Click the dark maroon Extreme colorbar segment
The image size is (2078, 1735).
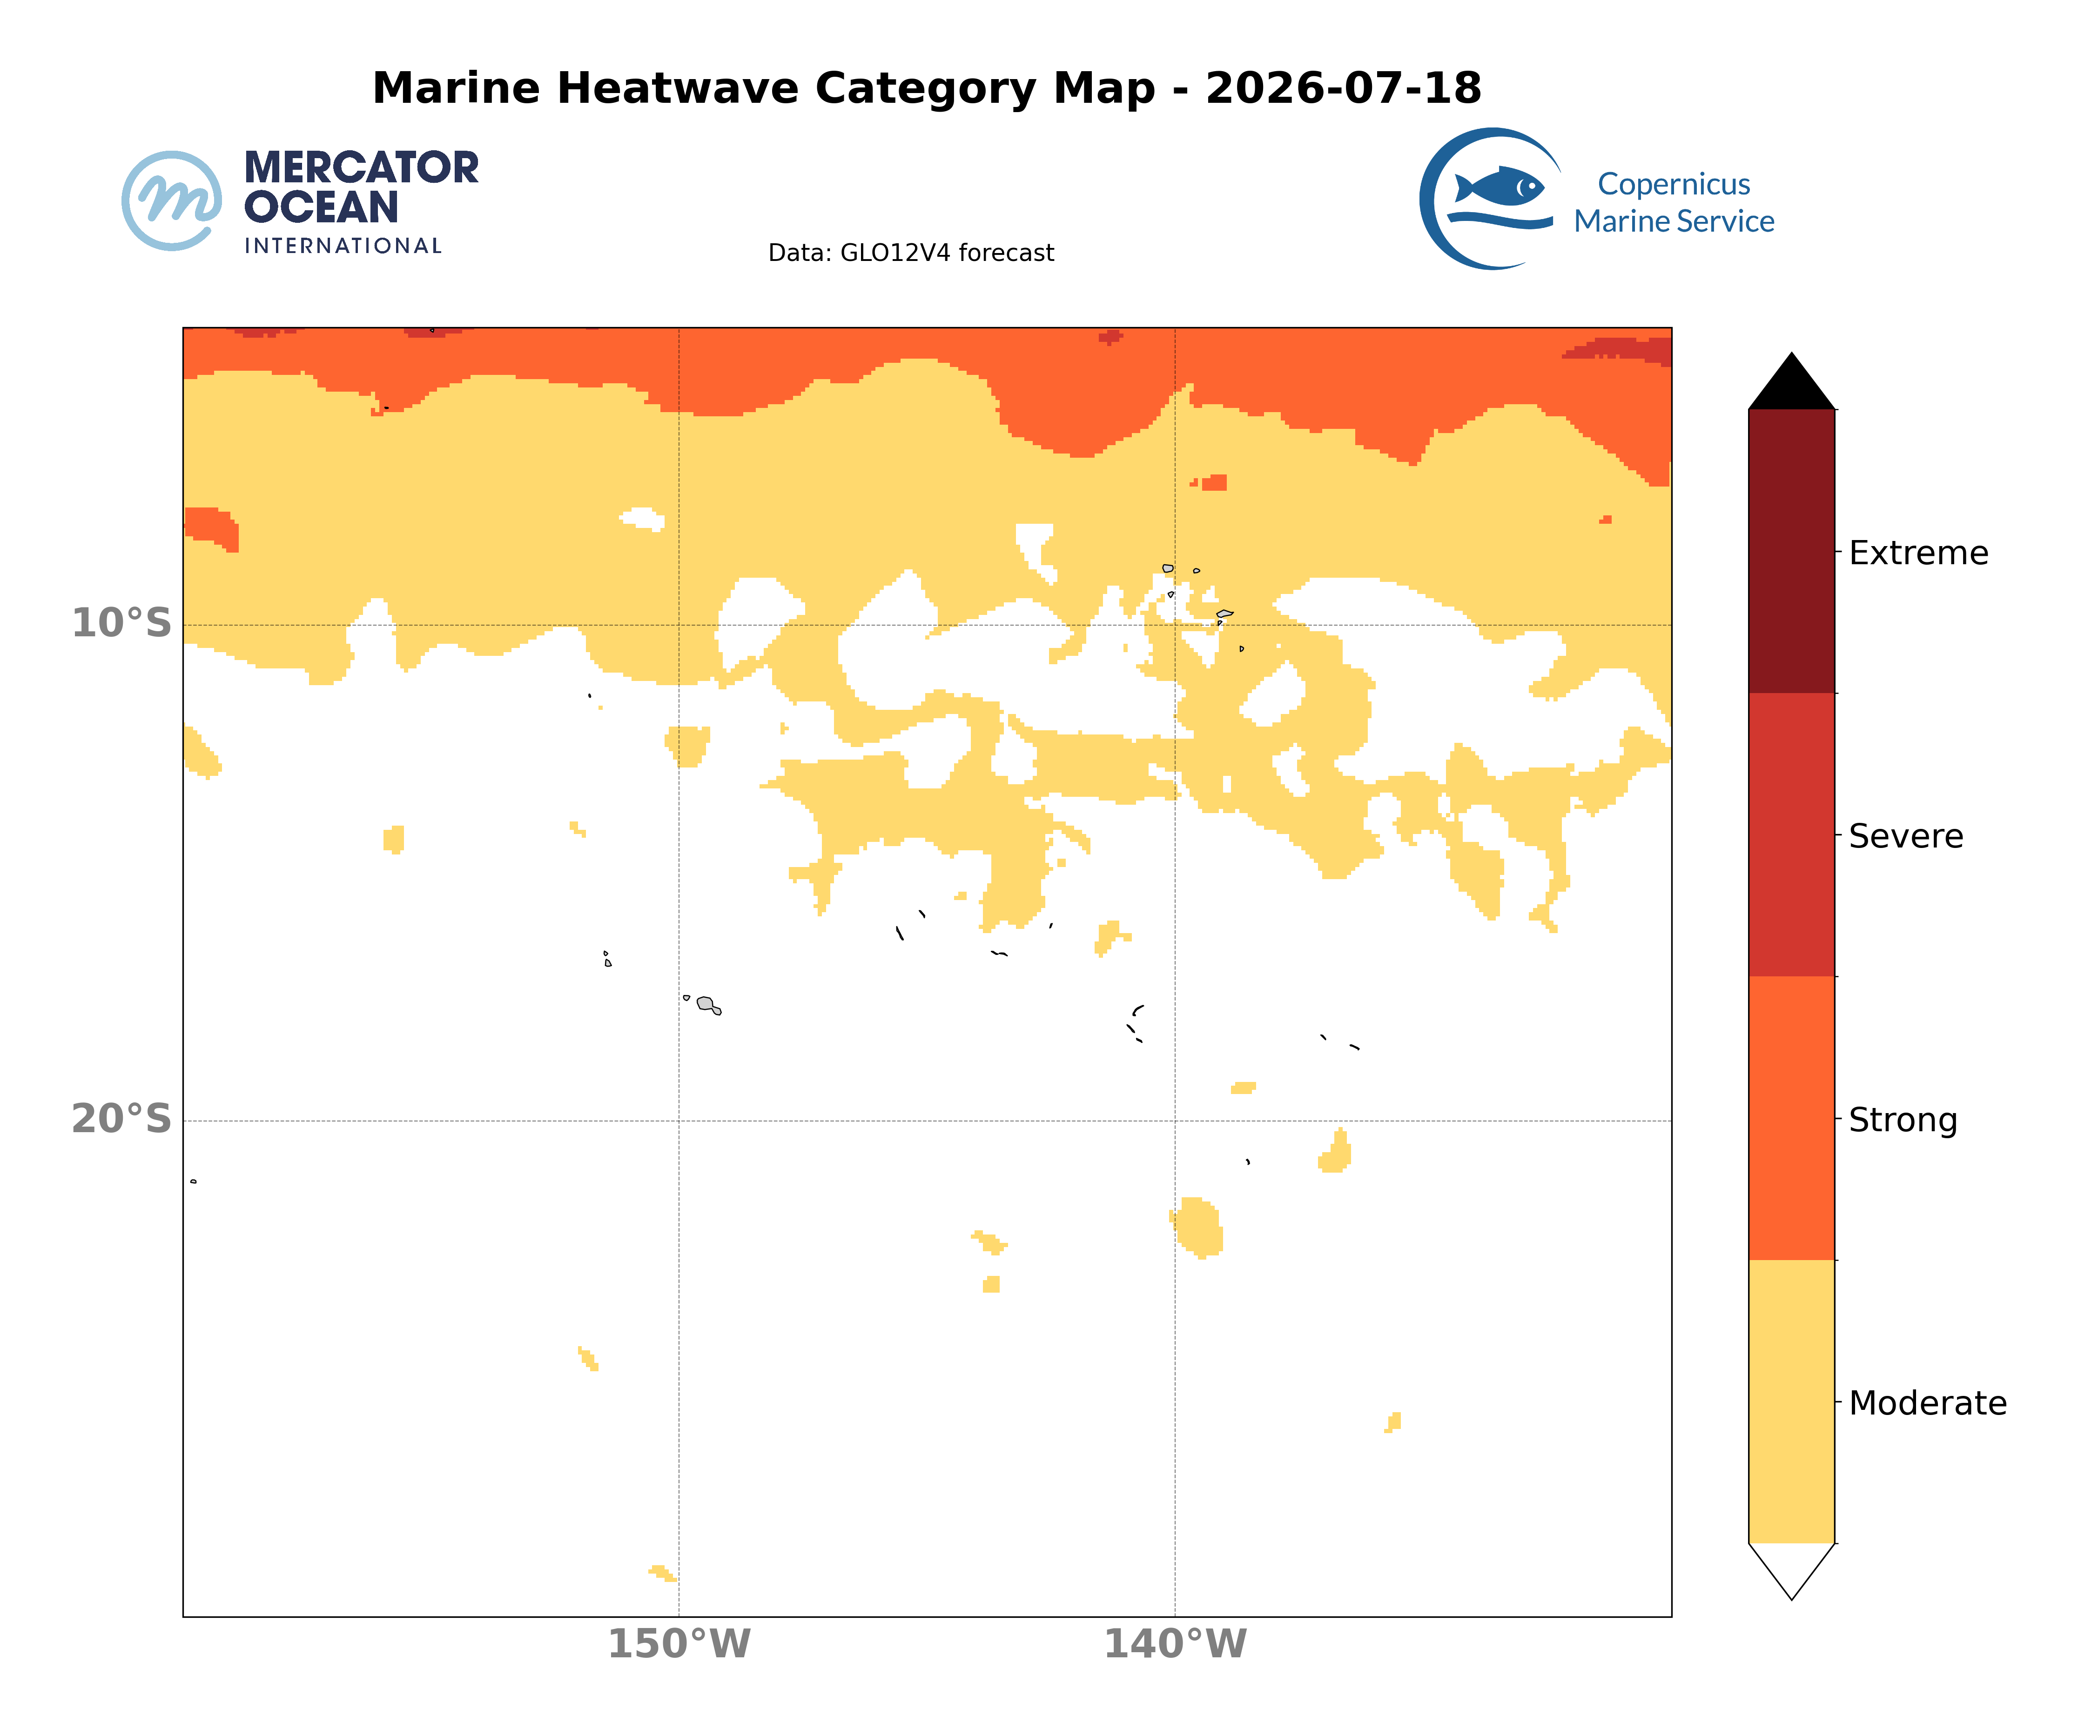(x=1791, y=551)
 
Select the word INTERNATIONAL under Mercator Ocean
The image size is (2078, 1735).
(x=343, y=247)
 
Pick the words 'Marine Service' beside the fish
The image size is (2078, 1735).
(x=1675, y=221)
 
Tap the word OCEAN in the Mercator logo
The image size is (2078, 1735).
(x=322, y=208)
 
